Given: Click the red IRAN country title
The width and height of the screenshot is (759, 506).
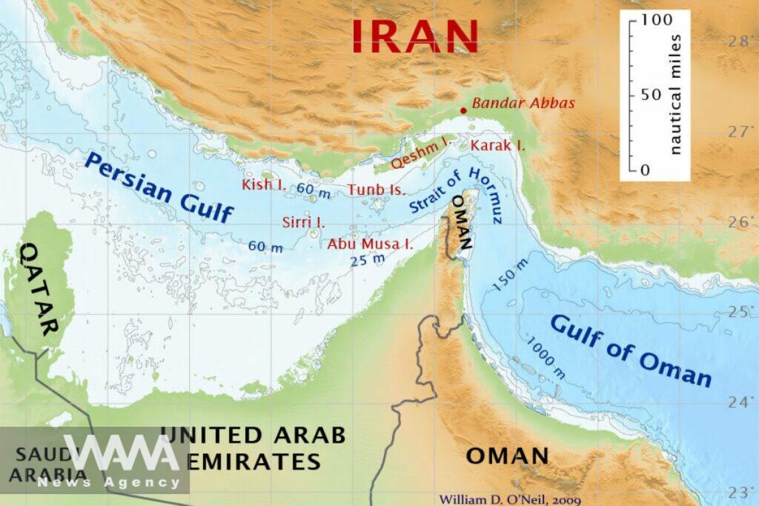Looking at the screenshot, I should tap(414, 34).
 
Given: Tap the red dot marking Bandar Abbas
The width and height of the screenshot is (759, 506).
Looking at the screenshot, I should tap(463, 110).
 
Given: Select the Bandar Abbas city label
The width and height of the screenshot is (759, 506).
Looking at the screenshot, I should tap(524, 104).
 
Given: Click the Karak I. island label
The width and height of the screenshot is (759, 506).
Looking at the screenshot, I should tap(497, 145).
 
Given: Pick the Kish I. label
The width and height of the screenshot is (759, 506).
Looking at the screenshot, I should tap(264, 184).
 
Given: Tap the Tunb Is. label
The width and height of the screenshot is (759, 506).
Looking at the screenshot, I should tap(377, 190).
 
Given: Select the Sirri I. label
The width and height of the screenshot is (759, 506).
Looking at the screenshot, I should tap(303, 222).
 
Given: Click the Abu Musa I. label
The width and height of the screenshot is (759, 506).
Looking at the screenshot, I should tap(370, 243).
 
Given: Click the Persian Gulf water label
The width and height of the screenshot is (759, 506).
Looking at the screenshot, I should tap(159, 187).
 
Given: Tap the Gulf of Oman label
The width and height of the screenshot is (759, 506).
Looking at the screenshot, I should tap(631, 350).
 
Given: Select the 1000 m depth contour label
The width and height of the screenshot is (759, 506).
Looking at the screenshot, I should tap(546, 358).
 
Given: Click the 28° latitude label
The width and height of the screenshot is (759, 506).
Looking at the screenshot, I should tap(739, 41).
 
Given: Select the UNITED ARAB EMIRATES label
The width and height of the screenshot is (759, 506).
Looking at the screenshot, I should tap(252, 448).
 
